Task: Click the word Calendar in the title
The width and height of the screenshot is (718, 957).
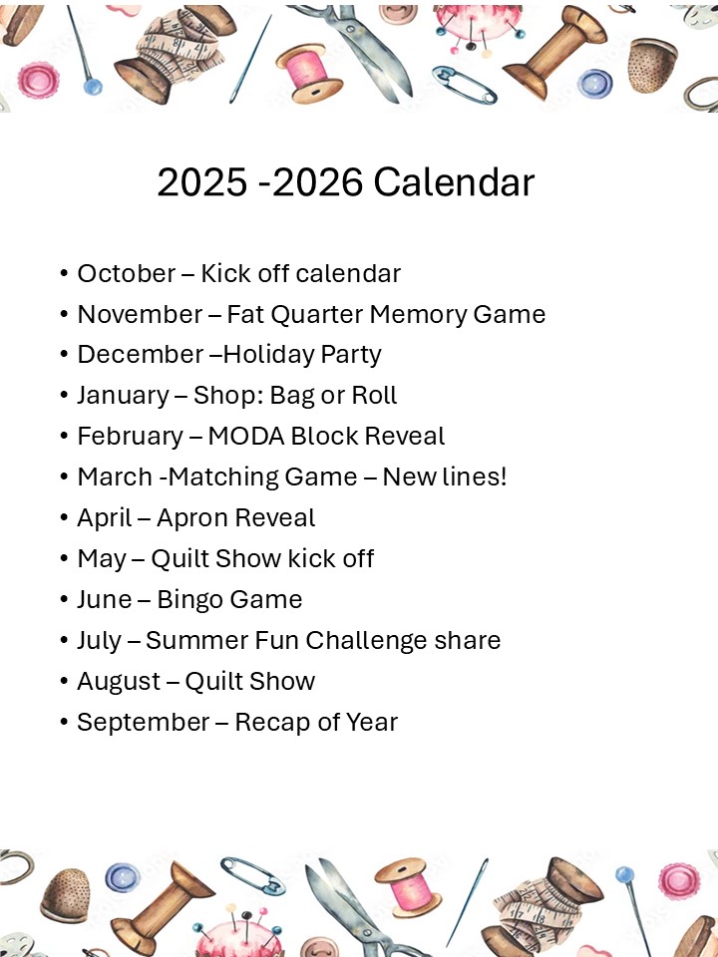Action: pyautogui.click(x=454, y=181)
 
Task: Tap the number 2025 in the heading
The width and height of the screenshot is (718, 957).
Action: pyautogui.click(x=202, y=181)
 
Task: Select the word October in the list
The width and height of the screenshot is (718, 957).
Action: pyautogui.click(x=127, y=273)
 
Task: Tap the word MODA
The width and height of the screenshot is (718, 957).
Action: pyautogui.click(x=246, y=437)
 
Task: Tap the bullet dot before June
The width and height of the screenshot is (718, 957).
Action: pyautogui.click(x=64, y=600)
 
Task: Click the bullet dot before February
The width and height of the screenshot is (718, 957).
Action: pyautogui.click(x=64, y=437)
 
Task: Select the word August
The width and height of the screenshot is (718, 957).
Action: pyautogui.click(x=119, y=682)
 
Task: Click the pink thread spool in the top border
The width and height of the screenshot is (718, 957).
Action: pyautogui.click(x=307, y=73)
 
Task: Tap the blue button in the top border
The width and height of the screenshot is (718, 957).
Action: pyautogui.click(x=594, y=84)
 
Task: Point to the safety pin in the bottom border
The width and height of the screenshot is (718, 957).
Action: pyautogui.click(x=252, y=876)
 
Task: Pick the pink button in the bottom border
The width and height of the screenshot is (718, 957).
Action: pyautogui.click(x=678, y=881)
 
